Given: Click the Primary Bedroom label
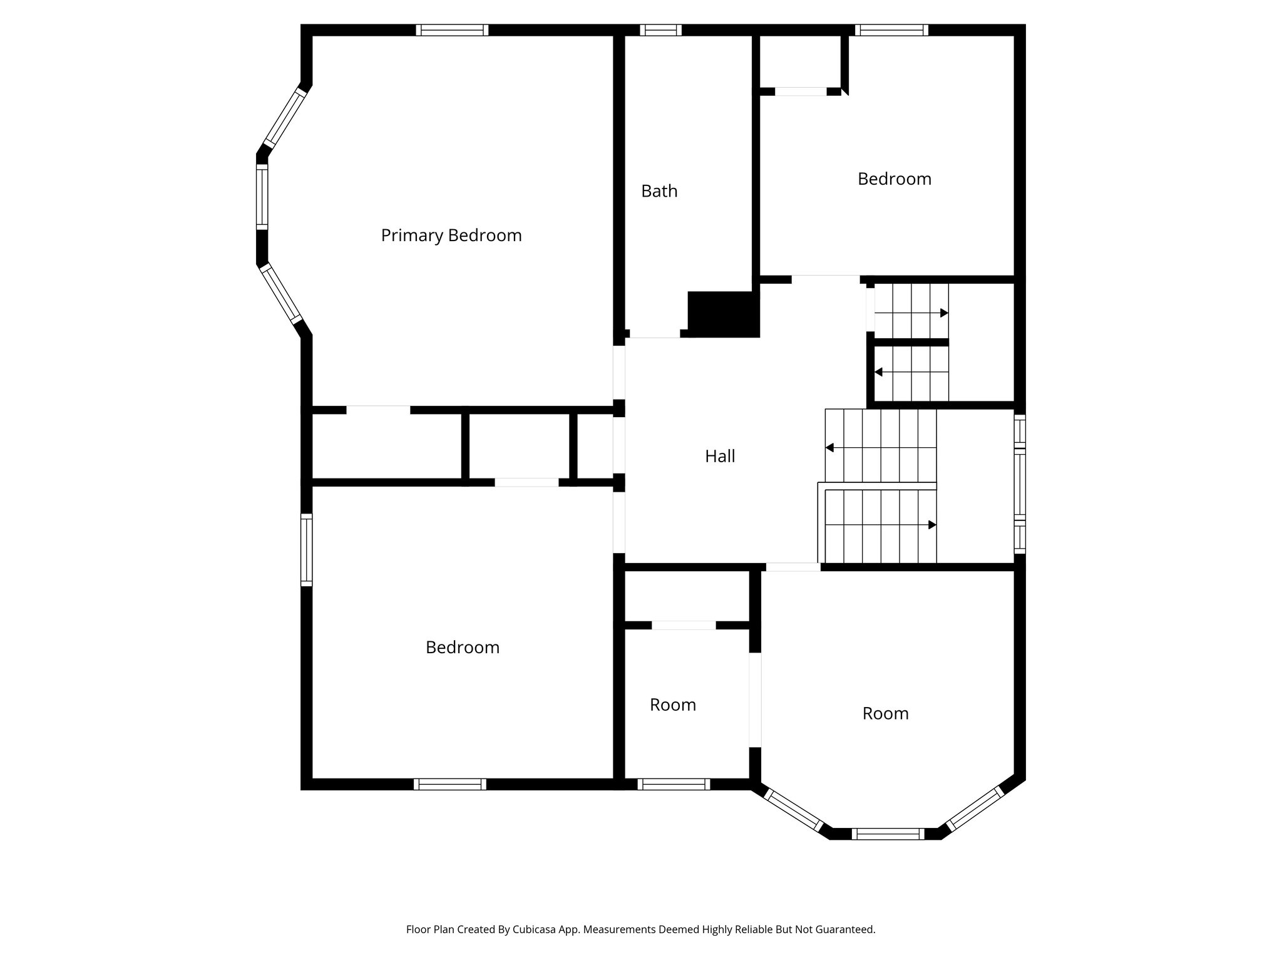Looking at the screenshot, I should (451, 235).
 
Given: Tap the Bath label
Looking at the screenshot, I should (659, 191).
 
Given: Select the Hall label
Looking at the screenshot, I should (720, 456).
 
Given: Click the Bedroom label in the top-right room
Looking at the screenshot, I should (894, 179).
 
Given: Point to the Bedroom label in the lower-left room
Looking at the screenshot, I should (462, 647).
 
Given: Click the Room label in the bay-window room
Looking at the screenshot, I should (885, 713).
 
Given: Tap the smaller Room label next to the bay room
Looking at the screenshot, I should (672, 705).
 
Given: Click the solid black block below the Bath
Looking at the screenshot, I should (723, 314).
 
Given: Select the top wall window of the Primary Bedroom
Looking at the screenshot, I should (451, 30).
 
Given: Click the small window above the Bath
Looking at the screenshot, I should (660, 30).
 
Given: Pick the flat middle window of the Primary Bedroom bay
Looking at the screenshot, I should (262, 196).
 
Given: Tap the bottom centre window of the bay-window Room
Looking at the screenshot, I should (888, 834).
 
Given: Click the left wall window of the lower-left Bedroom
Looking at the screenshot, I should (306, 549).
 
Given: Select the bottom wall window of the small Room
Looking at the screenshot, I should (674, 784).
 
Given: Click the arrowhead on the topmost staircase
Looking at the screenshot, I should (944, 313).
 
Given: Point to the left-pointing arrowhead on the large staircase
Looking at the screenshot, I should (830, 448).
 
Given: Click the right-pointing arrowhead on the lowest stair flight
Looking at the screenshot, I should (932, 525).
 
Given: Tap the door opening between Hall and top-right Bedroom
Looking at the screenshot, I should (825, 279).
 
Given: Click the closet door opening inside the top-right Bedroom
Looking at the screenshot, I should (801, 91).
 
